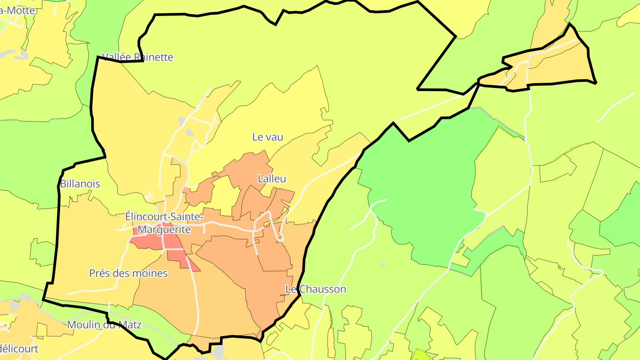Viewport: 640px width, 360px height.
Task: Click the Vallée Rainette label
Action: coord(137,57)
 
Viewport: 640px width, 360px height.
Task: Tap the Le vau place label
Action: coord(268,137)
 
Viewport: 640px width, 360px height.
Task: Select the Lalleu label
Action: coord(272,179)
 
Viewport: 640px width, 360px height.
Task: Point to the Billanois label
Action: coord(80,184)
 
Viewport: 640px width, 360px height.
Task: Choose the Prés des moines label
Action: coord(128,273)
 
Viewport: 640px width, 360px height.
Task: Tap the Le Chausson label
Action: coord(316,289)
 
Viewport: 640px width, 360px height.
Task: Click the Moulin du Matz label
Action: coord(104,325)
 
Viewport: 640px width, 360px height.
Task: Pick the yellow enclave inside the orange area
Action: coord(224,196)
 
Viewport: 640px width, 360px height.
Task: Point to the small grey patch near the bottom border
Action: coord(218,351)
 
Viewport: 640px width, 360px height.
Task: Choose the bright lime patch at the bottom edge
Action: coord(420,355)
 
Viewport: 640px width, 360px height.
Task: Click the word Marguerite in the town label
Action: coord(164,230)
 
